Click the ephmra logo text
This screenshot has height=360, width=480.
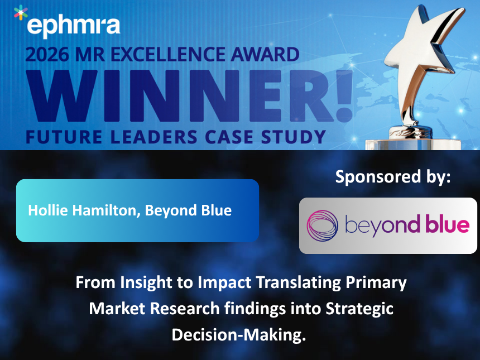tap(73, 25)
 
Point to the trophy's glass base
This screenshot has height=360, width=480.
tap(413, 141)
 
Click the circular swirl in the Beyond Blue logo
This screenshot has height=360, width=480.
tap(323, 225)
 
